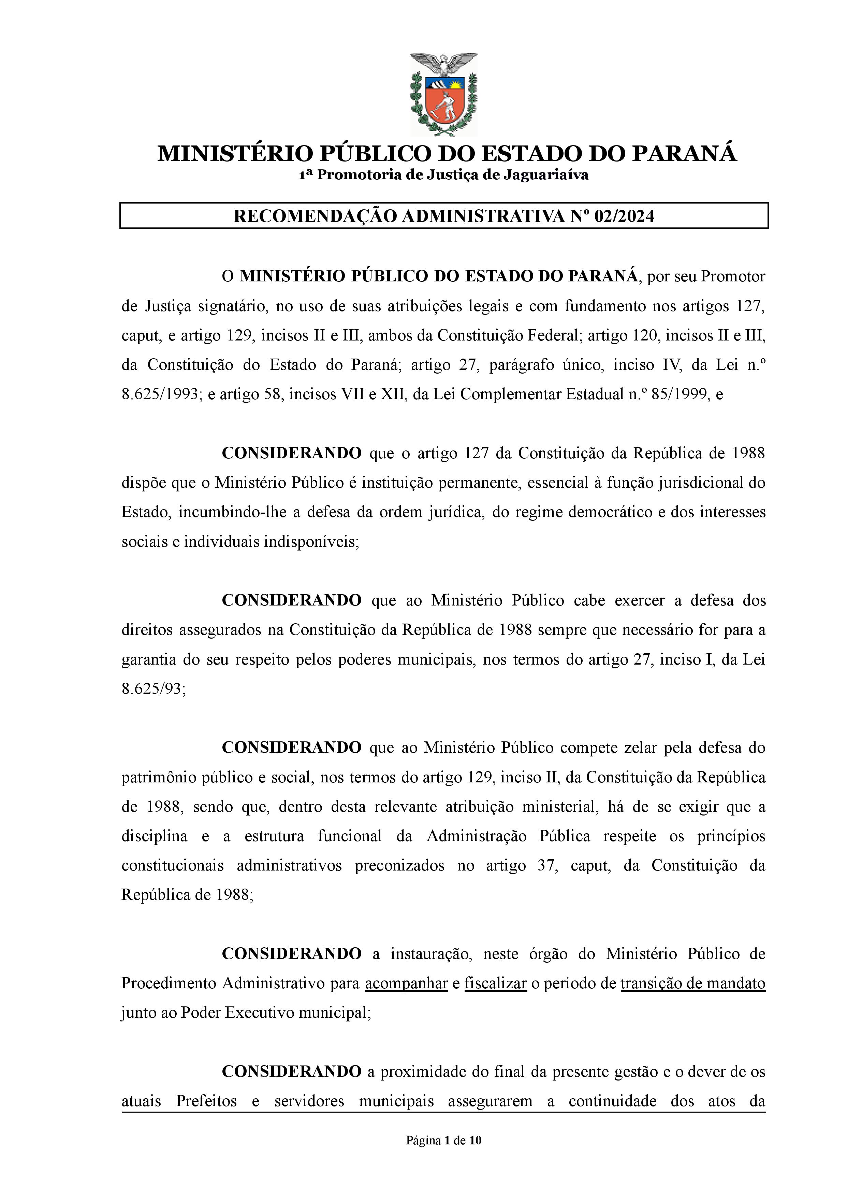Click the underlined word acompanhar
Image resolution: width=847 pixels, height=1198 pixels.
click(406, 984)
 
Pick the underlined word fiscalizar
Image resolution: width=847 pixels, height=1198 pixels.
click(495, 984)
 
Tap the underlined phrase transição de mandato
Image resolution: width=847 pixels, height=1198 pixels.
click(692, 984)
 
